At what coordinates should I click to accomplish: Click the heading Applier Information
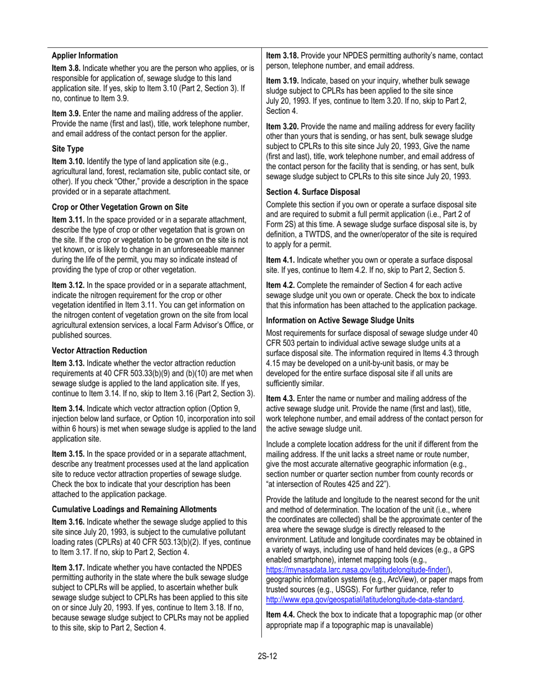pyautogui.click(x=85, y=56)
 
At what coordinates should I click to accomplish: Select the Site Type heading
pyautogui.click(x=68, y=149)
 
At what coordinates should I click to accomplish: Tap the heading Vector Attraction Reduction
pyautogui.click(x=100, y=350)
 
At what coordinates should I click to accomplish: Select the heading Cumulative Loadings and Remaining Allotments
pyautogui.click(x=134, y=509)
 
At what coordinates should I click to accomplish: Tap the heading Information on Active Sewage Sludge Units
pyautogui.click(x=340, y=320)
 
